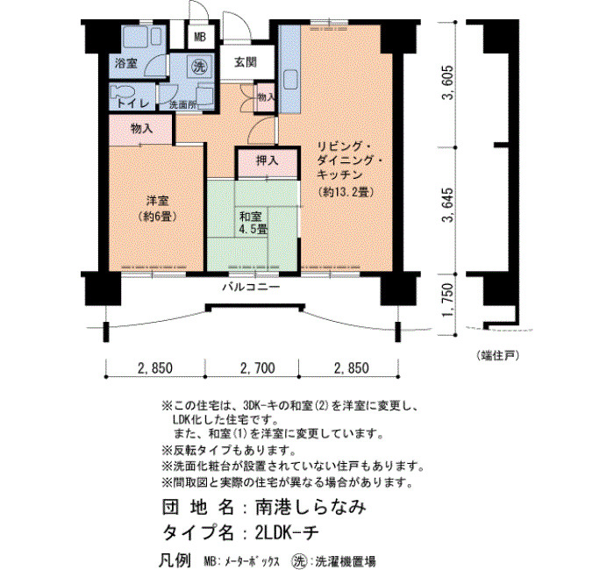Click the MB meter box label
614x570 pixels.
tap(200, 37)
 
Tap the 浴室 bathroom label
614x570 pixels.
tap(126, 63)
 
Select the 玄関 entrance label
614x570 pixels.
tap(246, 62)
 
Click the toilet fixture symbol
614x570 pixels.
tap(122, 92)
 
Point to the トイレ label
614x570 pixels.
tap(133, 103)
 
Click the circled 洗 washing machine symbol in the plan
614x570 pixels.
tap(199, 66)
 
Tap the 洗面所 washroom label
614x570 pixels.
tap(182, 105)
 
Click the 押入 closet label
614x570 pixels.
tap(267, 160)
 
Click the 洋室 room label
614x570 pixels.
tap(157, 201)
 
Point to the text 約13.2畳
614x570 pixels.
tap(346, 192)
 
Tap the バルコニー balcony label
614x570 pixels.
tap(252, 287)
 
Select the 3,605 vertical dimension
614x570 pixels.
tap(447, 82)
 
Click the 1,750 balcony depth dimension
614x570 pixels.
tap(447, 299)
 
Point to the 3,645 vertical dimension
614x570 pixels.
tap(447, 204)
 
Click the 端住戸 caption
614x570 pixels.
tap(498, 355)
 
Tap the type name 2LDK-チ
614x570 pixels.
tap(287, 533)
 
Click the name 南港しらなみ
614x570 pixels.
tap(311, 508)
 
